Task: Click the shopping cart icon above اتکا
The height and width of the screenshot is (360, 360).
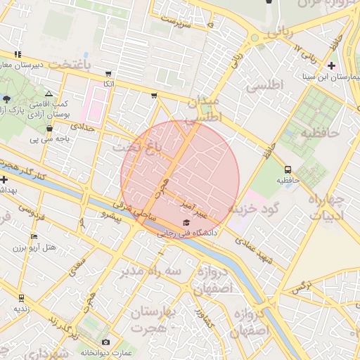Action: pos(108,74)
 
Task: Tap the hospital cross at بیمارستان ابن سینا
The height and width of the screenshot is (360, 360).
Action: pos(330,66)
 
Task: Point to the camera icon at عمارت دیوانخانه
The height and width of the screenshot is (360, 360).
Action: pos(106,342)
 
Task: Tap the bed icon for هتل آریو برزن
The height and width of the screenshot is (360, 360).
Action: pos(34,236)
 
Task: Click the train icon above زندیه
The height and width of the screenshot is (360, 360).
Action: pos(21,297)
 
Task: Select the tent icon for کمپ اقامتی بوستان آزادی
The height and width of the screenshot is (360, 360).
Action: pos(49,94)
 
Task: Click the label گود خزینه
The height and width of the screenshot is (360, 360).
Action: pos(255,208)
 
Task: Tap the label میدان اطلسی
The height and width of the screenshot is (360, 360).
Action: pos(205,110)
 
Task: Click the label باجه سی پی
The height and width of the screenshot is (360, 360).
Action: pos(43,139)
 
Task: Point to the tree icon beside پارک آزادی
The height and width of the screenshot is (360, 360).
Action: pos(7,99)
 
